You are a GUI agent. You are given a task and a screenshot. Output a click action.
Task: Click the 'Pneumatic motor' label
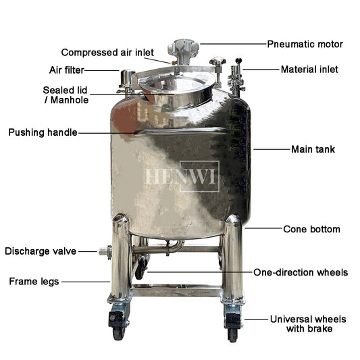coord(305,44)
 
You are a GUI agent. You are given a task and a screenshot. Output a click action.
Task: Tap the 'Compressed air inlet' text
coord(107,53)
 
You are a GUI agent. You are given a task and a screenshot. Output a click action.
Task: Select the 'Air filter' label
coord(67,70)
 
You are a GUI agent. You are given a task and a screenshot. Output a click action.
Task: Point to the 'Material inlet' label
coord(309,70)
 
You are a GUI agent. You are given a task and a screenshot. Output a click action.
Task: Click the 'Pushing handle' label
coord(43,132)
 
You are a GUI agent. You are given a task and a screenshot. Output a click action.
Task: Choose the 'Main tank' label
coord(313,149)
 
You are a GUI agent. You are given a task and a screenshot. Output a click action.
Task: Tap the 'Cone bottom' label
coord(311,229)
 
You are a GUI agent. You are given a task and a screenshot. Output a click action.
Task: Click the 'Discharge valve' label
coord(41,251)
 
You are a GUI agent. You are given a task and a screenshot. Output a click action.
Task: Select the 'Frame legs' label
coord(34,282)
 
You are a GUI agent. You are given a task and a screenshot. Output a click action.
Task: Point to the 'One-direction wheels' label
coord(301,272)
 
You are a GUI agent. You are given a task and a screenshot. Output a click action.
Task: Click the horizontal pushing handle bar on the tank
coord(182,132)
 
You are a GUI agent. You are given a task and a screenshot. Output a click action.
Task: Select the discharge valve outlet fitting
coord(105,252)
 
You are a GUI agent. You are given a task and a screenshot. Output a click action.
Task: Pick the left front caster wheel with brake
coord(119,322)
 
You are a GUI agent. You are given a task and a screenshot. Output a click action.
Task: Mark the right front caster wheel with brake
coord(234,324)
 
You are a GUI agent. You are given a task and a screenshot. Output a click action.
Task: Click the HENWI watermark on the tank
coord(182,176)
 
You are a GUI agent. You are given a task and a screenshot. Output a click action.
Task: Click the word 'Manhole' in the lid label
coord(70,100)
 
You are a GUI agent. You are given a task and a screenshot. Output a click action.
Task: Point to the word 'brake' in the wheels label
coord(321,329)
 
